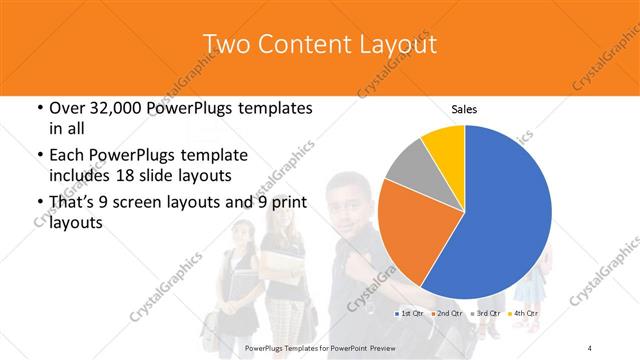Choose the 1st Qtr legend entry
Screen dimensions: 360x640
(409, 314)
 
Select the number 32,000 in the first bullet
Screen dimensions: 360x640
(108, 108)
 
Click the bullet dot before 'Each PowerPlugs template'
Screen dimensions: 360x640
(38, 156)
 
